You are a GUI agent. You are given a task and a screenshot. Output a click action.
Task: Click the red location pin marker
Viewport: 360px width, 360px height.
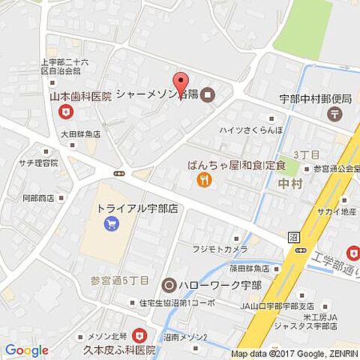point(180,83)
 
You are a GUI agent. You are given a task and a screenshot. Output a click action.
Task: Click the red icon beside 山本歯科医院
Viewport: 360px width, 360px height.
point(67,112)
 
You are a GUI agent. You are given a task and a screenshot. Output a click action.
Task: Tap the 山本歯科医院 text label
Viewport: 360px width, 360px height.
point(80,97)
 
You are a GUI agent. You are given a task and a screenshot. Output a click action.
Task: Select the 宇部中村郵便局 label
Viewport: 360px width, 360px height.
point(315,97)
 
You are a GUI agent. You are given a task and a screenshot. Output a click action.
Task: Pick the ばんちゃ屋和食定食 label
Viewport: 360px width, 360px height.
point(237,165)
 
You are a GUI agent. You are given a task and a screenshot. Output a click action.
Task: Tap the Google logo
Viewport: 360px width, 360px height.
point(26,350)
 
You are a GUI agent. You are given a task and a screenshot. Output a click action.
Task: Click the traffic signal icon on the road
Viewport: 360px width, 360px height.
point(118,174)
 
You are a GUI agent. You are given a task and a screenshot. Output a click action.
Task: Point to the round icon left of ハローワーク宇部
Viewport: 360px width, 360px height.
point(169,285)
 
